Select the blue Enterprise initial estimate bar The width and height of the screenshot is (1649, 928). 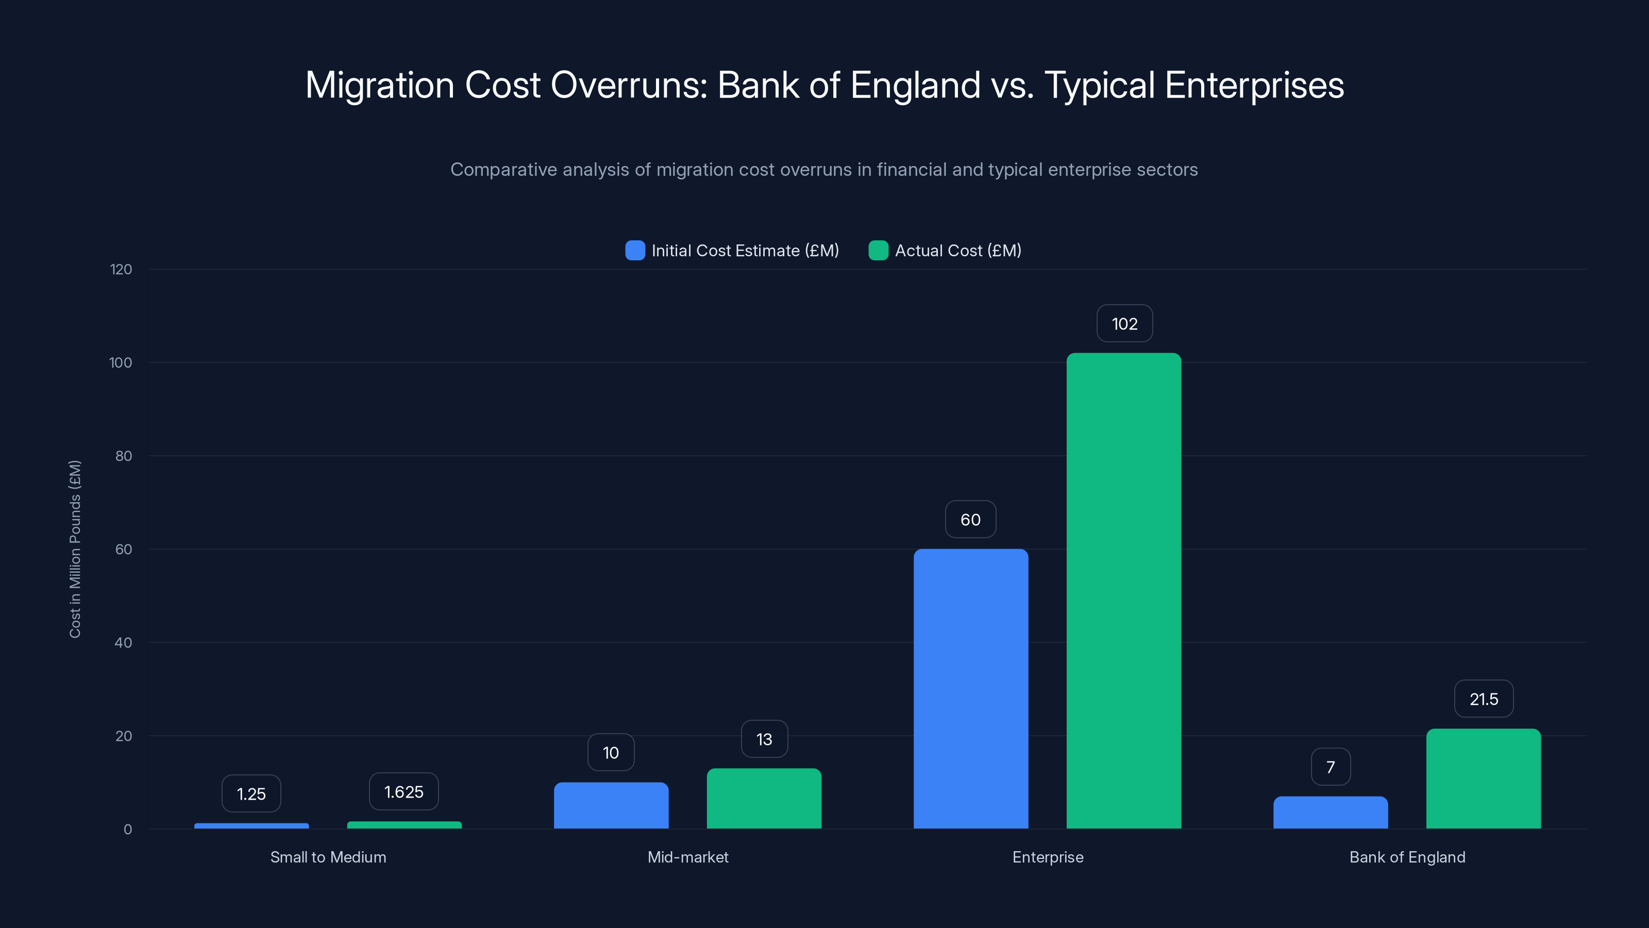click(970, 688)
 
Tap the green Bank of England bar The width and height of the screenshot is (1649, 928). click(1483, 778)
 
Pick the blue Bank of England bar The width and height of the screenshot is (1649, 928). click(1330, 812)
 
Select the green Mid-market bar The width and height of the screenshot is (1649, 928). click(764, 798)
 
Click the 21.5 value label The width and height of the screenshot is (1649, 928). click(1483, 699)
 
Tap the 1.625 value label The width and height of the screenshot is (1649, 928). click(403, 791)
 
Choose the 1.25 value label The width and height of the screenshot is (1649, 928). click(251, 794)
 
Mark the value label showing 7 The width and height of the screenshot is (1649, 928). click(1330, 767)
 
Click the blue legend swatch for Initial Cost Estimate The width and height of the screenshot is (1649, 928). click(634, 251)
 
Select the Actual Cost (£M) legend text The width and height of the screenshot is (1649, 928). click(957, 251)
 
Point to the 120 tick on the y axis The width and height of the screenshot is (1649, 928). click(121, 270)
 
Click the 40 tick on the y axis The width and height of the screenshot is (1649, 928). click(123, 642)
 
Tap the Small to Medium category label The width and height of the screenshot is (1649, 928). click(328, 857)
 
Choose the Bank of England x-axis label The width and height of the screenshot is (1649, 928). click(1407, 857)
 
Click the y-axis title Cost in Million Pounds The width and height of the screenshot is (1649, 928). click(75, 549)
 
